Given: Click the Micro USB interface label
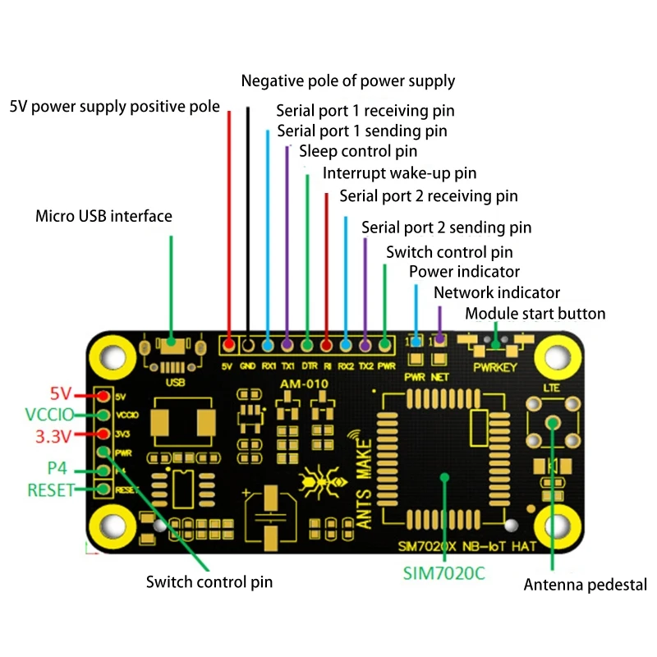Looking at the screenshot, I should (103, 217).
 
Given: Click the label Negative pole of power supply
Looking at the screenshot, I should (347, 81).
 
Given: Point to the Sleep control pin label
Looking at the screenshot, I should (358, 151).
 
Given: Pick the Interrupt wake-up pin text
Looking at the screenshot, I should (399, 173).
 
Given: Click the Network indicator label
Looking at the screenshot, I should (496, 292).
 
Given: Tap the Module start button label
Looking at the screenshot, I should (535, 314).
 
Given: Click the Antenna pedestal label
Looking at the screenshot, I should (585, 586).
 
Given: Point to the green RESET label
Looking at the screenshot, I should (51, 490).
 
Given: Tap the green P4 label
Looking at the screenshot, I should (58, 470).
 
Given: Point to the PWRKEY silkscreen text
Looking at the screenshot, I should (496, 367).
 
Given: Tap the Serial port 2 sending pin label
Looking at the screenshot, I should (446, 227).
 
